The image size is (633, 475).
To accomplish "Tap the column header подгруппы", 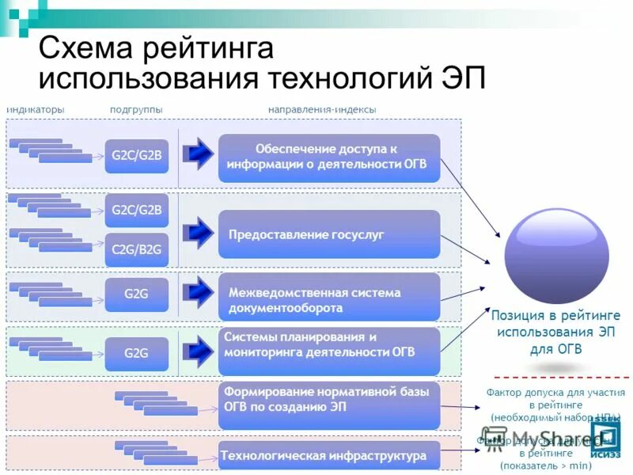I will tap(136, 108).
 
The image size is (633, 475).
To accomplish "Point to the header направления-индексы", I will tap(321, 108).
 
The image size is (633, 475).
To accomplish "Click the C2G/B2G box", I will tap(137, 249).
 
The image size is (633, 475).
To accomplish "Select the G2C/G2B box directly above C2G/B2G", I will tap(137, 210).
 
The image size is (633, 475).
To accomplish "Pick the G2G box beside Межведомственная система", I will tap(137, 294).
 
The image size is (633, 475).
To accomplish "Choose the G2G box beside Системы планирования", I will tap(137, 354).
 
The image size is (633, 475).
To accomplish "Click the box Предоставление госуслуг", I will tap(328, 234).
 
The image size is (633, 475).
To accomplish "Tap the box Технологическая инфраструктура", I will tap(328, 456).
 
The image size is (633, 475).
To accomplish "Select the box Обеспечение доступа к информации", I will tap(328, 157).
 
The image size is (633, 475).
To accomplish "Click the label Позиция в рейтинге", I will tap(555, 315).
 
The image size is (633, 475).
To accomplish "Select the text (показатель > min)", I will tap(546, 467).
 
